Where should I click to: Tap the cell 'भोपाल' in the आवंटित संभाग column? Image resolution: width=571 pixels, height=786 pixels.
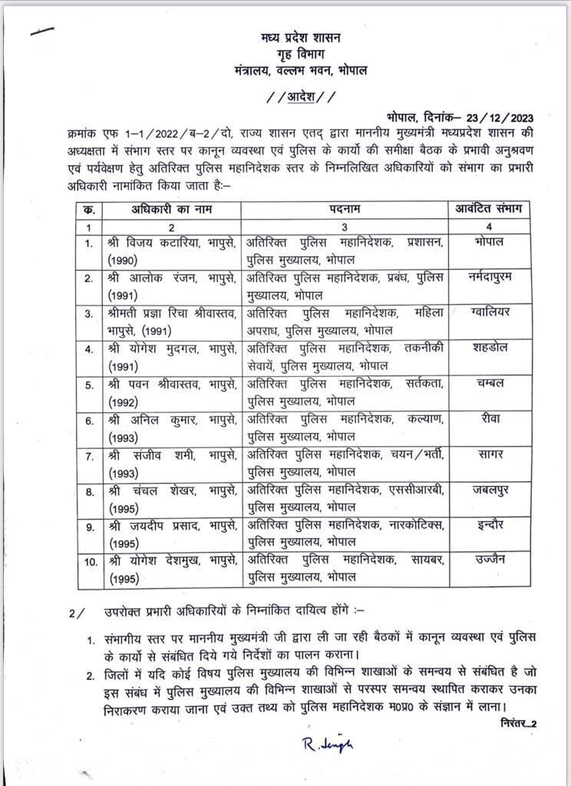[489, 241]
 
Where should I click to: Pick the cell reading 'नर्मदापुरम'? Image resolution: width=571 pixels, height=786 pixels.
[489, 278]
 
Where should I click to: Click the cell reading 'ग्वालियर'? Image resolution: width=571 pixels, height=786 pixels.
[489, 312]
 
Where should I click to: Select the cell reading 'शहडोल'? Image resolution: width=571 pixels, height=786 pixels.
[489, 346]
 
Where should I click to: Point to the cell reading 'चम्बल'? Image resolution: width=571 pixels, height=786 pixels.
[489, 381]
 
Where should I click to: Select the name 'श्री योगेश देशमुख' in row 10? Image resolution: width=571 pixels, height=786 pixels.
[153, 560]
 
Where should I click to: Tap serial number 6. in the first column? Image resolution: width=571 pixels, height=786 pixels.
[90, 421]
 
